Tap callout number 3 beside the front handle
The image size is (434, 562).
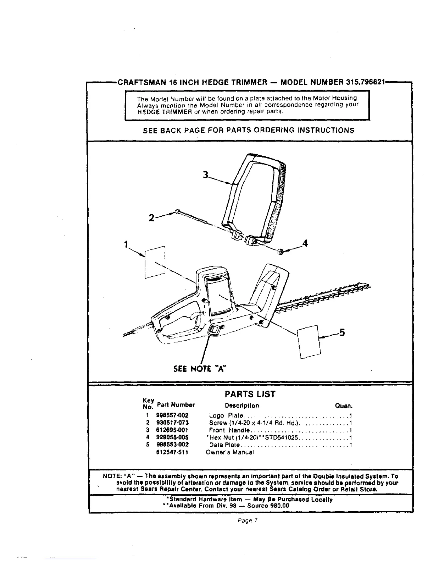tap(205, 175)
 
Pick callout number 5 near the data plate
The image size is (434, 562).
tap(342, 332)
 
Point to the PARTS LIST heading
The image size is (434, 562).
tap(250, 394)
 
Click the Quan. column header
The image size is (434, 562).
tap(343, 406)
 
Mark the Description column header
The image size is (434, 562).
tap(242, 406)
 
